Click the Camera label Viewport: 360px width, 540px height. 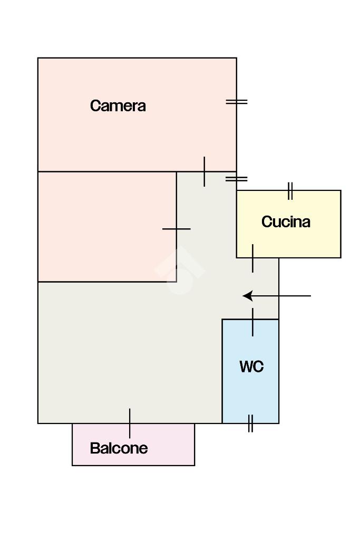tap(118, 105)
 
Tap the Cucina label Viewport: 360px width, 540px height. tap(286, 221)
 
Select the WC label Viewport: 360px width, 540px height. tap(251, 367)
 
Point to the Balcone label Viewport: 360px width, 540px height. tap(119, 448)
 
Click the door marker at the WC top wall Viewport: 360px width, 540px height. tap(252, 322)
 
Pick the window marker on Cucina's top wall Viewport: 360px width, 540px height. tap(290, 191)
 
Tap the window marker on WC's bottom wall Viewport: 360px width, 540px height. tap(250, 423)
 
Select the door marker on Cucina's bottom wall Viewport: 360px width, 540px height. tap(252, 258)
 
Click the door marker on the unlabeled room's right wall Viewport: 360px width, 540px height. tap(177, 229)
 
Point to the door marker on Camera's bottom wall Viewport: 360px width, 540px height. tap(205, 171)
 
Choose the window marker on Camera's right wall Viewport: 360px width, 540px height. tap(237, 102)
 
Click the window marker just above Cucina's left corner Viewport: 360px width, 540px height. tap(237, 179)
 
